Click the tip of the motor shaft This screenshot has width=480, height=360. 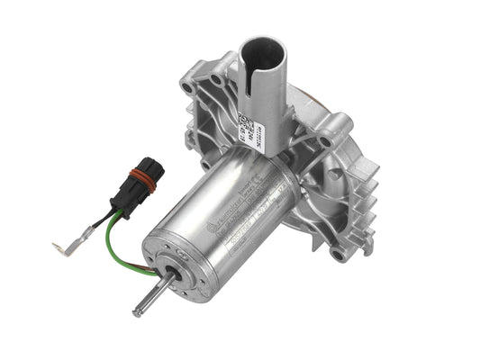137,312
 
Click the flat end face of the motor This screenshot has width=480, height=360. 180,270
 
